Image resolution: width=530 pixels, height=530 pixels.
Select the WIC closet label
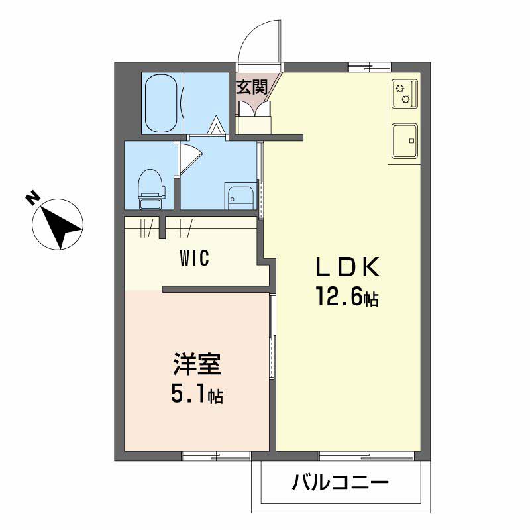[x=194, y=258]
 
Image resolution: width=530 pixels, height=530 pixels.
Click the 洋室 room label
[x=196, y=365]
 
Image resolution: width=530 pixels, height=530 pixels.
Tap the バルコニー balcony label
[x=340, y=482]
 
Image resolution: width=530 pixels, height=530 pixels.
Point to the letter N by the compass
[x=30, y=198]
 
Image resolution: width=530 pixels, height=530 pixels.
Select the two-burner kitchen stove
[x=403, y=93]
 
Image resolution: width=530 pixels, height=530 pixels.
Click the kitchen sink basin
[x=403, y=140]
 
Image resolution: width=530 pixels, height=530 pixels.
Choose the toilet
[x=150, y=185]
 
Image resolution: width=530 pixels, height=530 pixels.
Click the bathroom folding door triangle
[x=216, y=125]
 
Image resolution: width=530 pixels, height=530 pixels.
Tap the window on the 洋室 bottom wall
[x=216, y=455]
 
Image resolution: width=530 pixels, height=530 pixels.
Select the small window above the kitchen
[x=369, y=67]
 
